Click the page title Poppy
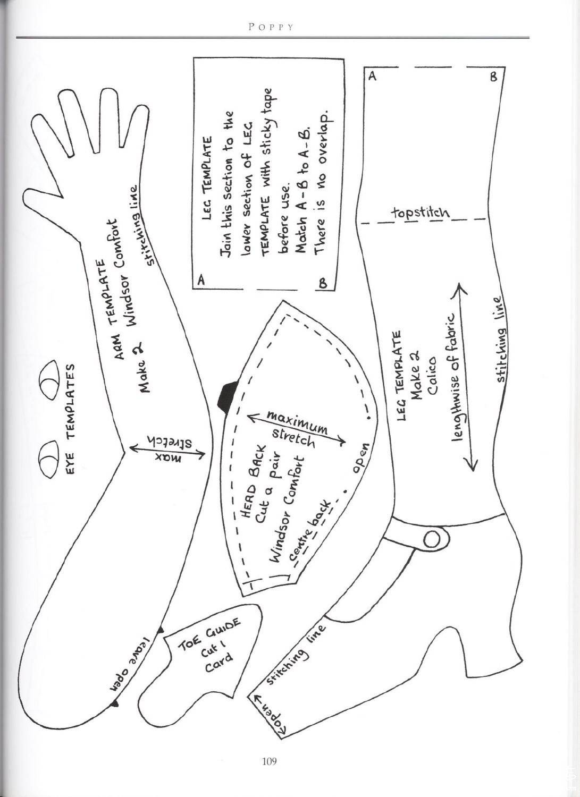point(271,27)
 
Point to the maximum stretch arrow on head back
point(296,429)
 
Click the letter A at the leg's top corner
point(372,76)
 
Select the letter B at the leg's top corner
point(493,77)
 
